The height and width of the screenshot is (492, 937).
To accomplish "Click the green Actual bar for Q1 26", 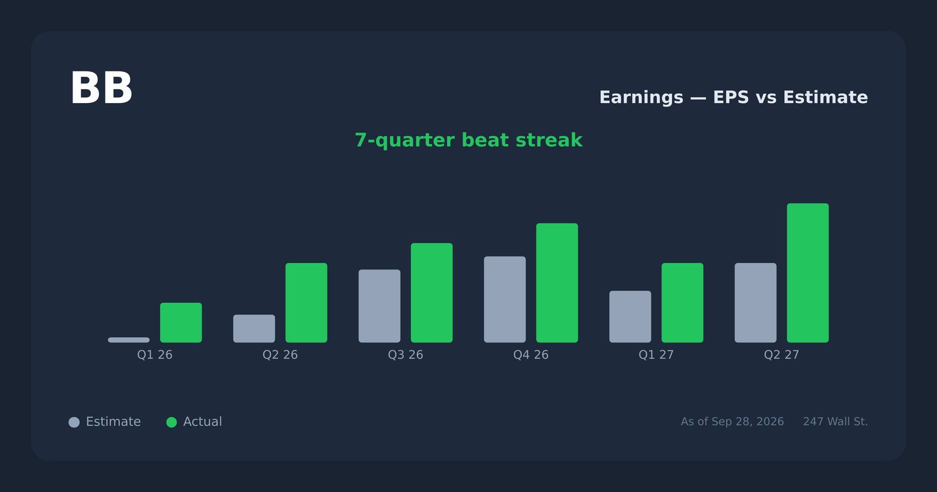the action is click(x=181, y=323).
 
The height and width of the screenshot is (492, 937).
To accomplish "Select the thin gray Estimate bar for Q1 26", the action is click(x=128, y=340).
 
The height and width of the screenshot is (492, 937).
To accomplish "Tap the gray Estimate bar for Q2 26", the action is click(x=254, y=329).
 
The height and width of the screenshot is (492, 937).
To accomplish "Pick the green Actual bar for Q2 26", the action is click(x=306, y=303).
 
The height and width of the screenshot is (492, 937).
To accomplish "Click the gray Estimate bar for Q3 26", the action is click(x=379, y=306).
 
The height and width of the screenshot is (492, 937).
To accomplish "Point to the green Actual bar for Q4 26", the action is click(x=557, y=283).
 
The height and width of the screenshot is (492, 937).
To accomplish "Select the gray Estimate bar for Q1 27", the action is click(x=630, y=317).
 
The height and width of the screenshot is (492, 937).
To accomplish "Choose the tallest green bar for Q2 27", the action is click(x=808, y=273).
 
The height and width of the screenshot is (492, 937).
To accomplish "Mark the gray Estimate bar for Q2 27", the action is click(x=755, y=303).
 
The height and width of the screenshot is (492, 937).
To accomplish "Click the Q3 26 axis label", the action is click(x=405, y=355).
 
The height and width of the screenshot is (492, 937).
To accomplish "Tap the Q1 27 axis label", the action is click(x=656, y=355).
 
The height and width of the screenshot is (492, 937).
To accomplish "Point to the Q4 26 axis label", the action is click(x=531, y=355).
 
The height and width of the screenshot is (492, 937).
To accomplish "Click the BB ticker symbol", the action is click(x=101, y=88).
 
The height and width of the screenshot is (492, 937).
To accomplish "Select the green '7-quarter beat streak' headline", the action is click(x=468, y=140).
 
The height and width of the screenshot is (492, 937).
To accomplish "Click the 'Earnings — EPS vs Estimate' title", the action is click(x=734, y=97).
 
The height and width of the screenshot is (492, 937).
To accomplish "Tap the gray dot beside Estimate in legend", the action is click(x=74, y=422).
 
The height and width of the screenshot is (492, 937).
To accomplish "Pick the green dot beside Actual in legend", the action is click(x=172, y=422).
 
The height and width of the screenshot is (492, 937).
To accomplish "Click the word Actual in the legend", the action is click(x=203, y=422).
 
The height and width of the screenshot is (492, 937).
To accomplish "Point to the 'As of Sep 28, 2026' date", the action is click(x=732, y=422).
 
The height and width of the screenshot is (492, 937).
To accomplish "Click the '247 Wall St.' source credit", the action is click(x=835, y=422).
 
